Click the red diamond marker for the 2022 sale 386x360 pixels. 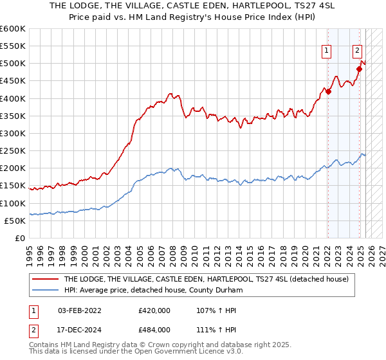pyautogui.click(x=328, y=91)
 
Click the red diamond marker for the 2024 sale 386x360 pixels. pyautogui.click(x=360, y=69)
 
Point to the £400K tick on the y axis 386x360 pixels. pyautogui.click(x=13, y=98)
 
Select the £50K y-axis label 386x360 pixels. pyautogui.click(x=15, y=221)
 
